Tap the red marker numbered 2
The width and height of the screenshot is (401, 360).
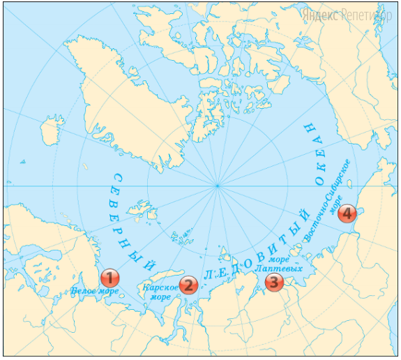[188, 284]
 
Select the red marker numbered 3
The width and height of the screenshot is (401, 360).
[274, 282]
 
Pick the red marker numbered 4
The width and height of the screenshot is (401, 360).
[347, 214]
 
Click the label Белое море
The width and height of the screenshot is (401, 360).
[94, 291]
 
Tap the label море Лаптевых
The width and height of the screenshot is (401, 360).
[278, 264]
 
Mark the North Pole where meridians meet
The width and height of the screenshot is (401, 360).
[218, 186]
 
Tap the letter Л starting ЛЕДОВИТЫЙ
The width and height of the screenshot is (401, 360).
[207, 277]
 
